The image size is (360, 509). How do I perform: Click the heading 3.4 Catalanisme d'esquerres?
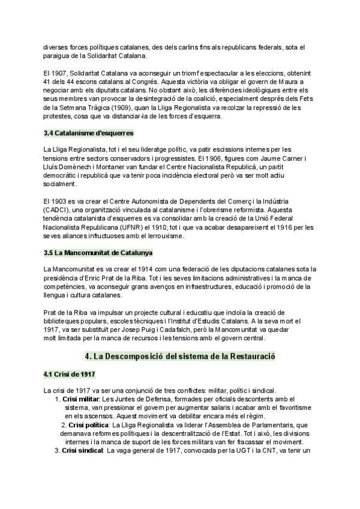coord(88,132)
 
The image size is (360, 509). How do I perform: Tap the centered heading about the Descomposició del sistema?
coord(180,356)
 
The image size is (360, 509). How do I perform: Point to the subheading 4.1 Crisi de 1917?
coord(69,375)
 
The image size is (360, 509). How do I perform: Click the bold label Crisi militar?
coord(82,399)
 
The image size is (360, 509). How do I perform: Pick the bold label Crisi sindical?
coord(83,450)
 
